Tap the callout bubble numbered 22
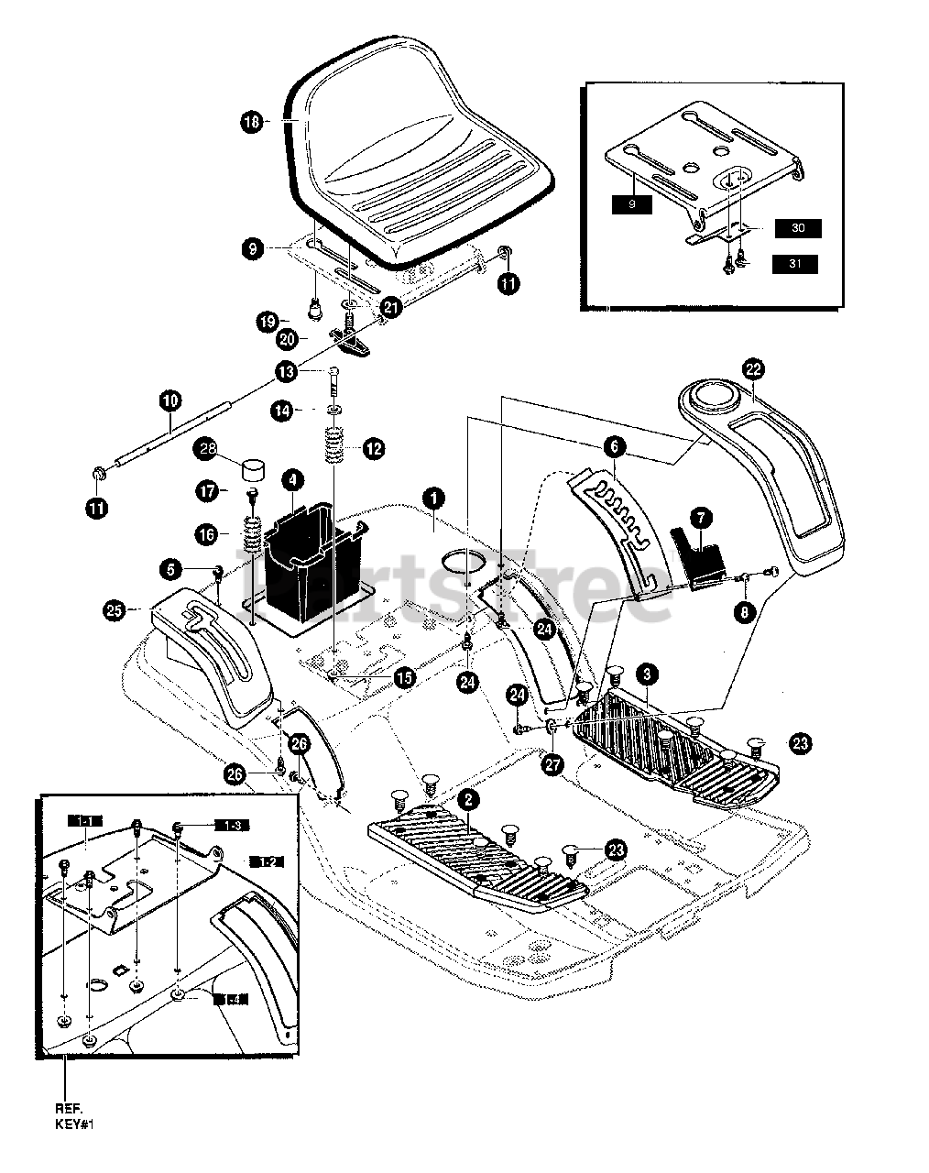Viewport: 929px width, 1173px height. tap(753, 369)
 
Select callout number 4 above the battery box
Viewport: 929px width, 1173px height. tap(293, 479)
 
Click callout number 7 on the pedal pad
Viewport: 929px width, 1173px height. tap(700, 519)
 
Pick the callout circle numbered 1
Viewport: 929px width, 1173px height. tap(433, 498)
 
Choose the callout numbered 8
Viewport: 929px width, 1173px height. tap(743, 608)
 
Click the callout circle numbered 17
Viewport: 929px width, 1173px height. tap(211, 491)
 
